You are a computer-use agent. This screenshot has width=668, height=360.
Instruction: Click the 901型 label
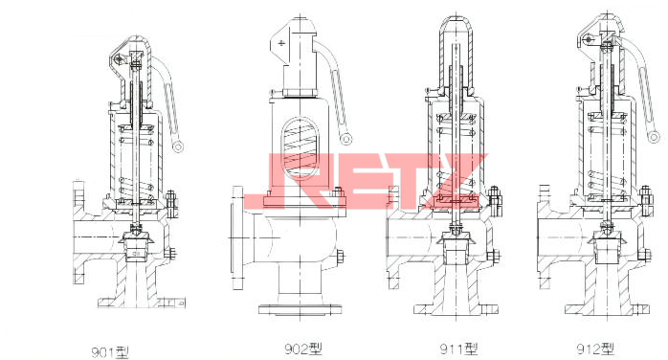pos(110,351)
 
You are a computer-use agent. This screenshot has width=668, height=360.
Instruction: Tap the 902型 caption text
pos(303,349)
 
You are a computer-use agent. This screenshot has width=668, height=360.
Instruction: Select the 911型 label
pos(458,349)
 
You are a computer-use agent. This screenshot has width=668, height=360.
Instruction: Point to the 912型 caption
pos(595,349)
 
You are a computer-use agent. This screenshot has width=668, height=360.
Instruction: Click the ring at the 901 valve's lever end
pos(178,147)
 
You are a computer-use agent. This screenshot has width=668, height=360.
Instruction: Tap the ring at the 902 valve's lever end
pos(345,139)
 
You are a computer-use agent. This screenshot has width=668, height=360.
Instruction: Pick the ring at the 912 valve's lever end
pos(654,137)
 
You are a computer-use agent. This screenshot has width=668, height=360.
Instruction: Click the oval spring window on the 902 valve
pos(301,148)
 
